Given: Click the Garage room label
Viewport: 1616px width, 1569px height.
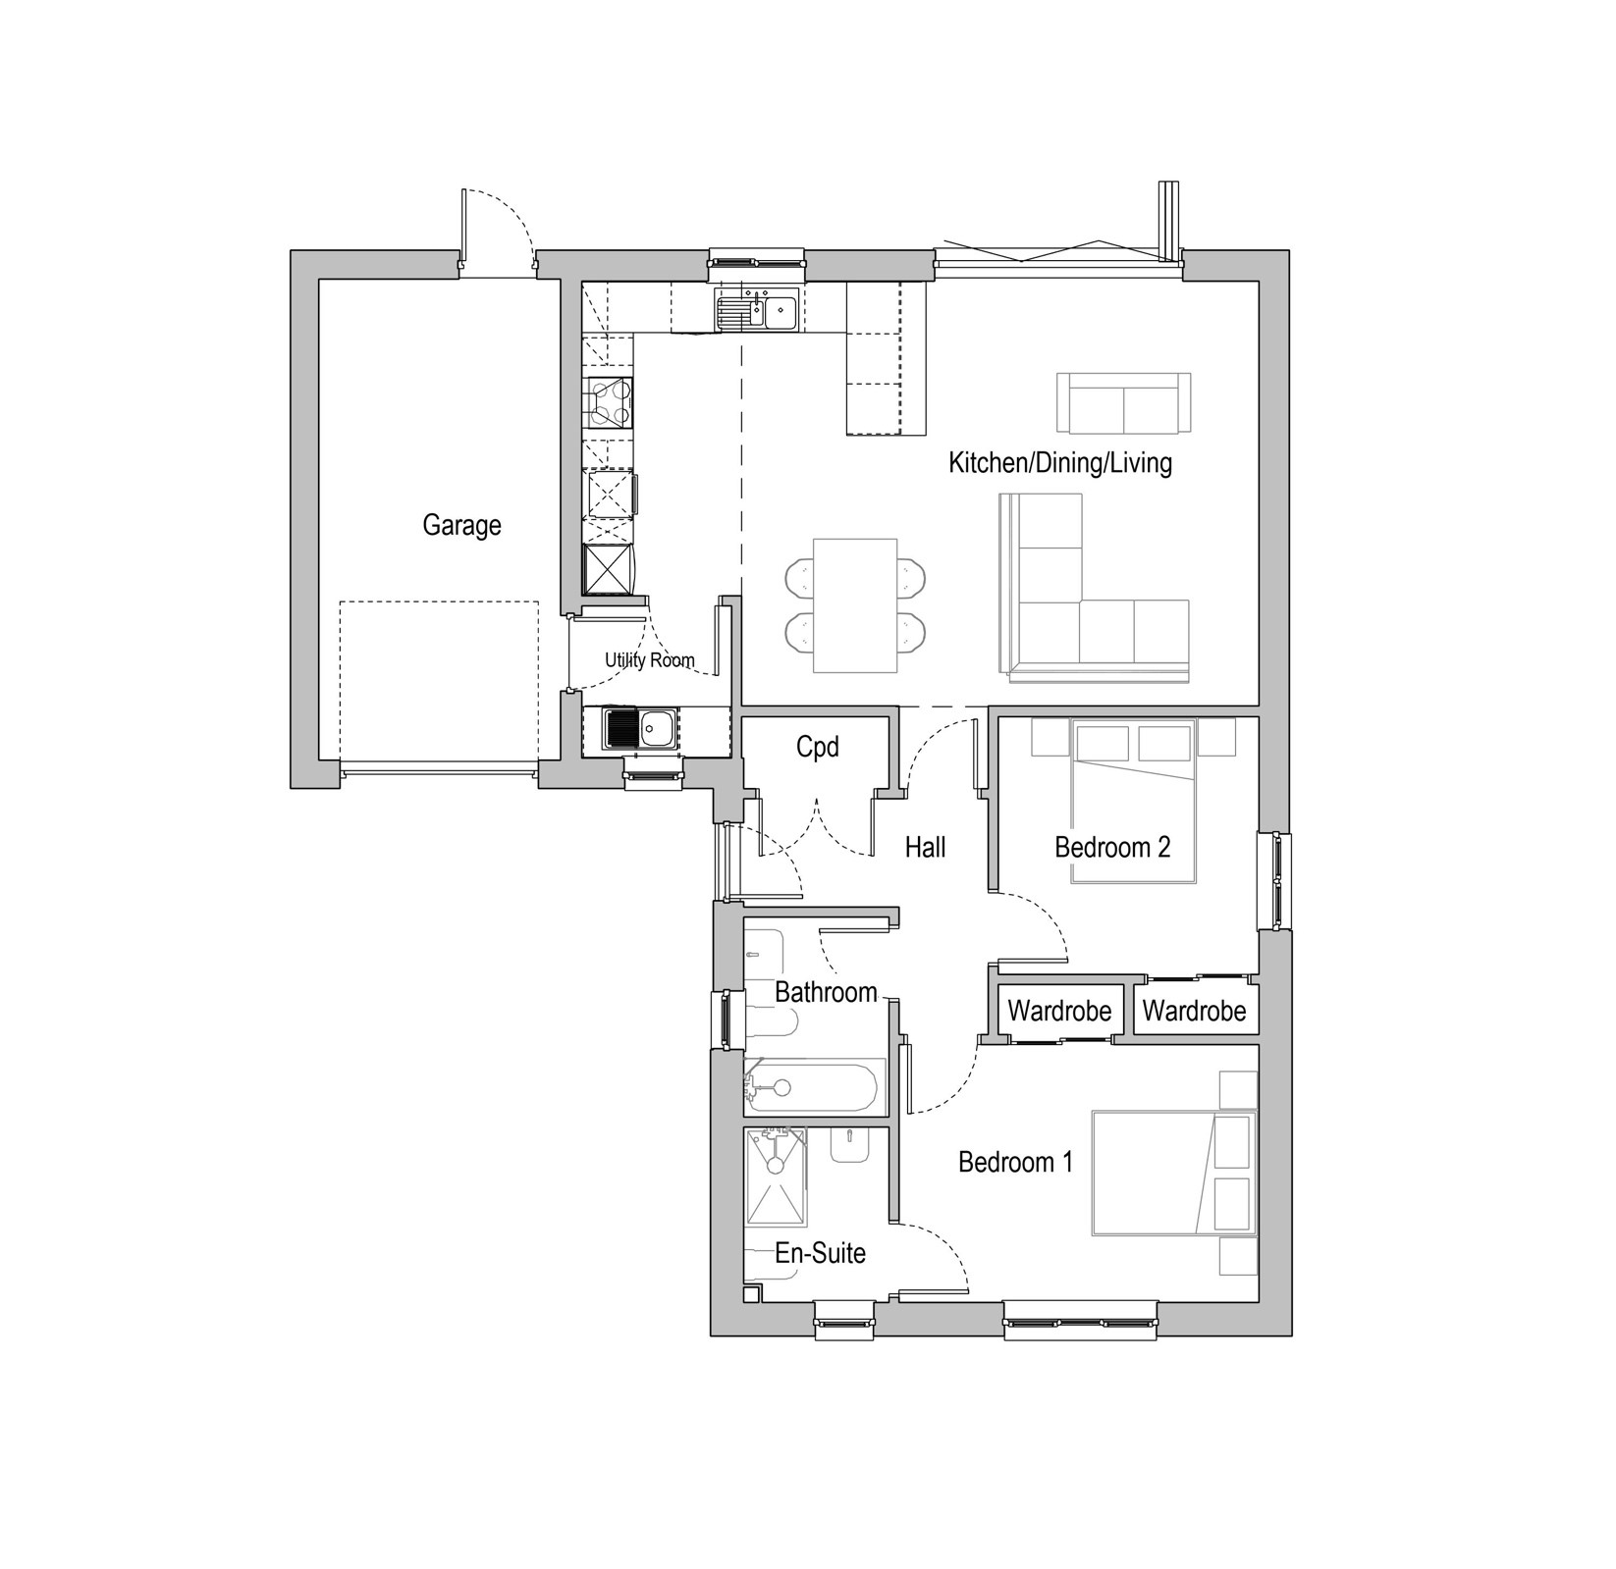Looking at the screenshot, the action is [x=461, y=526].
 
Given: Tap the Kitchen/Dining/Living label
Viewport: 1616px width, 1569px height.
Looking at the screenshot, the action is [x=1060, y=462].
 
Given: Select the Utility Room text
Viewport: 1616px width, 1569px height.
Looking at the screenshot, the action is [x=650, y=660].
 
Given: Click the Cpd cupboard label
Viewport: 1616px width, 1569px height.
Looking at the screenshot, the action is [x=818, y=747].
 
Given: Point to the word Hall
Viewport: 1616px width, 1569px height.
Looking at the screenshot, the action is [x=925, y=847].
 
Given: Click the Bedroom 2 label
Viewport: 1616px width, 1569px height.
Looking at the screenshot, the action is [x=1112, y=847].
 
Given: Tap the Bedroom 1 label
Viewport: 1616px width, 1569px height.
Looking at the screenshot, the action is [x=1016, y=1163].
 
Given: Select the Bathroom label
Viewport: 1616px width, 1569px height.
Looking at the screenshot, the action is [x=826, y=992].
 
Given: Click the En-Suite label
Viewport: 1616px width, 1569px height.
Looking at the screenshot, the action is [x=821, y=1253].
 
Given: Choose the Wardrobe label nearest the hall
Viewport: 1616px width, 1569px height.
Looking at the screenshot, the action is [x=1059, y=1011].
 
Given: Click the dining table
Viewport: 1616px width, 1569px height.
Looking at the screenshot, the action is [x=855, y=605].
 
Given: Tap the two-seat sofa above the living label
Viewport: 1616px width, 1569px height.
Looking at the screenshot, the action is [x=1123, y=402].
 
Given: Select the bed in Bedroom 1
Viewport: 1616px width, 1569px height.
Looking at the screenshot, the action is [x=1174, y=1173].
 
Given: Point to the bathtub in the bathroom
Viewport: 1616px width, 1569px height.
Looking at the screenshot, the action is [x=813, y=1086].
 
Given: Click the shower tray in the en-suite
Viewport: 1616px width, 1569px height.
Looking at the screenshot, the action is [x=777, y=1177].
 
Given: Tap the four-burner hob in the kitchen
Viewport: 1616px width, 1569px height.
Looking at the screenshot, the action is [x=608, y=403].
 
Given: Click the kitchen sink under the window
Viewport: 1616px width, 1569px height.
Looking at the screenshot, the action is [x=757, y=312].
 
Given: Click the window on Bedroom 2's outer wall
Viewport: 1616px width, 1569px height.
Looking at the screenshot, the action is [x=1275, y=881].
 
